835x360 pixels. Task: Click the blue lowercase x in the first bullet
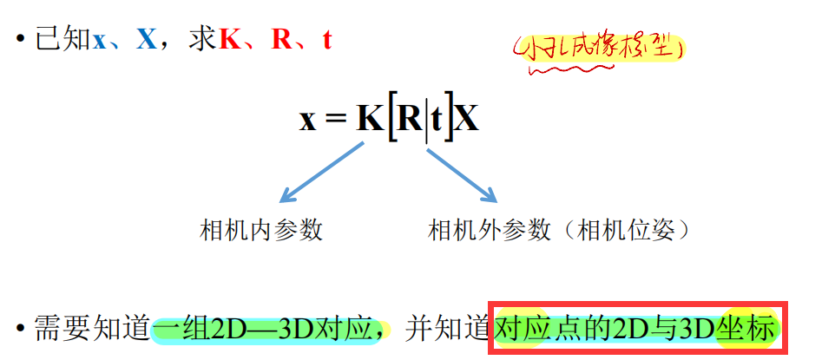pyautogui.click(x=101, y=41)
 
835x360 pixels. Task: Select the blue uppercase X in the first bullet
pyautogui.click(x=146, y=39)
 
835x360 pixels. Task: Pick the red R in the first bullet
pyautogui.click(x=281, y=39)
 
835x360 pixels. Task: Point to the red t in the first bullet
pyautogui.click(x=326, y=40)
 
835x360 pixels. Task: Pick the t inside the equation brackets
pyautogui.click(x=438, y=119)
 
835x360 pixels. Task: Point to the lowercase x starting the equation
pyautogui.click(x=308, y=120)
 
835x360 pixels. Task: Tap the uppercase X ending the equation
pyautogui.click(x=467, y=118)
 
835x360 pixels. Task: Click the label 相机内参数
pyautogui.click(x=261, y=230)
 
